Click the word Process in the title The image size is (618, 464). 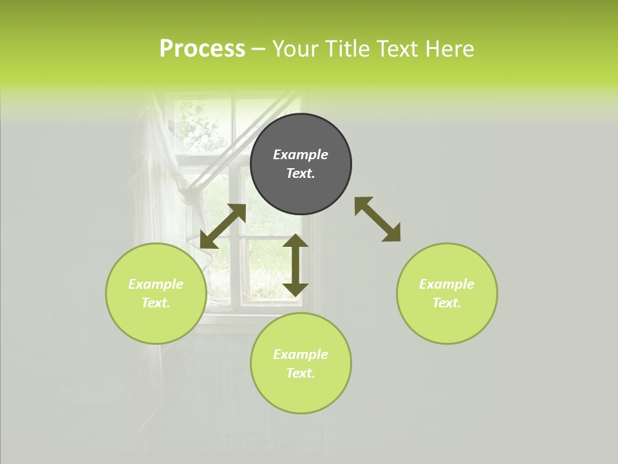pyautogui.click(x=202, y=49)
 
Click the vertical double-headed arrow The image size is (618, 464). pyautogui.click(x=295, y=265)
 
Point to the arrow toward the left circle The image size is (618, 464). pyautogui.click(x=223, y=226)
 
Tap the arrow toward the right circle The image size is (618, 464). pyautogui.click(x=377, y=219)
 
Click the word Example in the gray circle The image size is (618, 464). pyautogui.click(x=301, y=155)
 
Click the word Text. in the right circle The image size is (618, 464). pyautogui.click(x=447, y=303)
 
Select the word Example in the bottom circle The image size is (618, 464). pyautogui.click(x=301, y=354)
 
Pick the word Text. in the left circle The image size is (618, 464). pyautogui.click(x=156, y=303)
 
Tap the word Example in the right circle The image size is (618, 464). pyautogui.click(x=447, y=284)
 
